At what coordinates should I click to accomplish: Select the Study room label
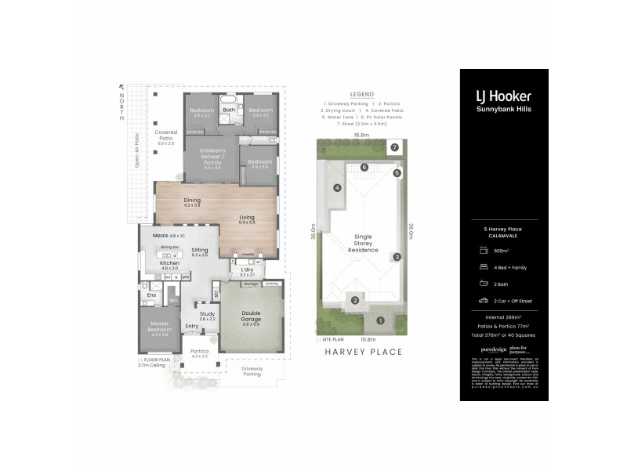pyautogui.click(x=207, y=316)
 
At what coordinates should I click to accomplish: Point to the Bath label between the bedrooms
pyautogui.click(x=229, y=110)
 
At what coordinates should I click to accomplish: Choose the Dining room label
pyautogui.click(x=192, y=201)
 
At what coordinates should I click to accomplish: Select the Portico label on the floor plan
pyautogui.click(x=199, y=353)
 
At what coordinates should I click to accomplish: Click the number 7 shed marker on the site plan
pyautogui.click(x=395, y=146)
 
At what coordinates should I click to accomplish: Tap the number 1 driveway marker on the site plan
pyautogui.click(x=379, y=320)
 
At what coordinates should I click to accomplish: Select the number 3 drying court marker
pyautogui.click(x=397, y=257)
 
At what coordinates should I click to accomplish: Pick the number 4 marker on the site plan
pyautogui.click(x=336, y=188)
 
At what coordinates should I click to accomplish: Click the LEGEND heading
pyautogui.click(x=361, y=92)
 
